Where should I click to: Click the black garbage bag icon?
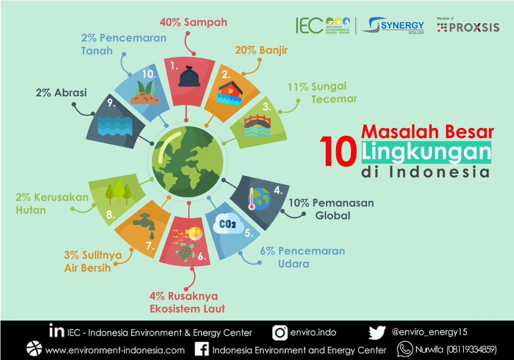(189, 76)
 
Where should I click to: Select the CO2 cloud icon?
(228, 223)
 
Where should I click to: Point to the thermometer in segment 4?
(252, 199)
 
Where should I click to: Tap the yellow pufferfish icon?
(194, 234)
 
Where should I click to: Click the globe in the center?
(188, 162)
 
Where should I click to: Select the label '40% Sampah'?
(194, 22)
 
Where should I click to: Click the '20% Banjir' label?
(261, 50)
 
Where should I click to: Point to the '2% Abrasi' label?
(61, 93)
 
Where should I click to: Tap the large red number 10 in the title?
(339, 151)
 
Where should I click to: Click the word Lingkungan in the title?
(426, 152)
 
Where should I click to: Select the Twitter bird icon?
(377, 332)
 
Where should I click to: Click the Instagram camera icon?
(280, 333)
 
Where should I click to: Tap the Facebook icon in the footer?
(202, 349)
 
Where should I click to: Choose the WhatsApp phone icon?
(405, 349)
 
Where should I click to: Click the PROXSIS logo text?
(474, 28)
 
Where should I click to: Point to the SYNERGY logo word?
(402, 25)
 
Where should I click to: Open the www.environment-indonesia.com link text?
(115, 350)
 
